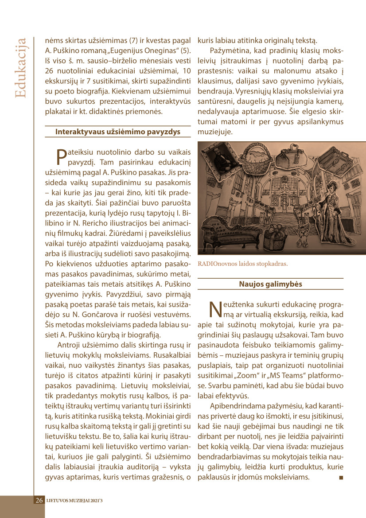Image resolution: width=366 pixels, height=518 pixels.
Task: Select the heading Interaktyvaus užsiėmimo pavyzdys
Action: point(118,132)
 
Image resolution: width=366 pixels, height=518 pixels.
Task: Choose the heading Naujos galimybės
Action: point(270,284)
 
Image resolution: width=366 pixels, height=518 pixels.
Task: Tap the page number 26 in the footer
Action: point(39,500)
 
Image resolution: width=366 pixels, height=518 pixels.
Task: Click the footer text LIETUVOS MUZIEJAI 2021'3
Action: point(74,501)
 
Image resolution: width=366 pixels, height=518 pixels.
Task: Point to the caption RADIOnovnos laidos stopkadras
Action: point(243,264)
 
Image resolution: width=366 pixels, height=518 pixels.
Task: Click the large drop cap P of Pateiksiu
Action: point(62,156)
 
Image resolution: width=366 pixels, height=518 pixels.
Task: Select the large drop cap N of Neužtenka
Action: point(215,309)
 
